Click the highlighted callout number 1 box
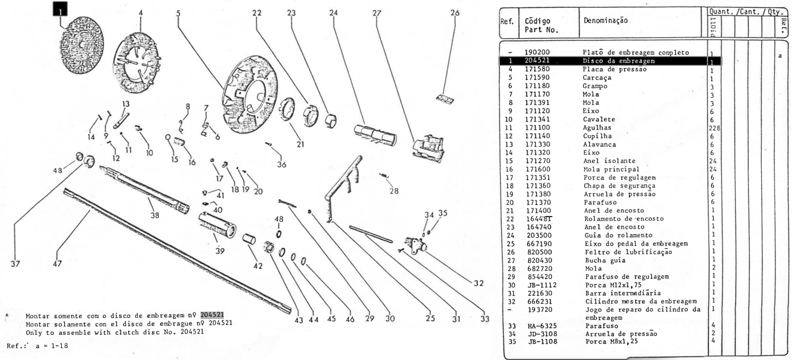pos(60,8)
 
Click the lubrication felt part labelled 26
pos(440,98)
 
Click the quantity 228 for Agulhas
pos(712,127)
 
